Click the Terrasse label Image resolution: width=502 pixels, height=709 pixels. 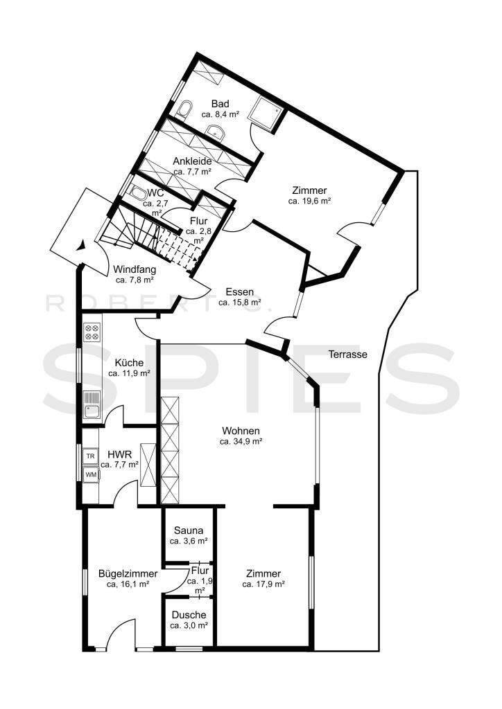[x=347, y=354]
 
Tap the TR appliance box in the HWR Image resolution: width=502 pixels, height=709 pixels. [x=91, y=456]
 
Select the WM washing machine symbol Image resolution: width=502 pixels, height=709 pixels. [x=91, y=474]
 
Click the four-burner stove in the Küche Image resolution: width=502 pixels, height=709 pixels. [x=92, y=332]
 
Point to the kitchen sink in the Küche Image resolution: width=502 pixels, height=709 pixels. [x=92, y=404]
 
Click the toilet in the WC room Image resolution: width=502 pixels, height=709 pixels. [x=137, y=194]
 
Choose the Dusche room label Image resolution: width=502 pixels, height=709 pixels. [x=189, y=615]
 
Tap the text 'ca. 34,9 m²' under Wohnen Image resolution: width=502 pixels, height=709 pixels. [x=241, y=441]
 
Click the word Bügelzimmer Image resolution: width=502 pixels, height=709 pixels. [x=128, y=574]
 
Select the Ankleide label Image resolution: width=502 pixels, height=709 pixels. [x=192, y=161]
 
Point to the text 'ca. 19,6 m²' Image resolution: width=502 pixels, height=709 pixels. [x=309, y=201]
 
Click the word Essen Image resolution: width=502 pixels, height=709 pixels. [x=240, y=291]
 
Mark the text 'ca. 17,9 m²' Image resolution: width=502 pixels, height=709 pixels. [x=263, y=584]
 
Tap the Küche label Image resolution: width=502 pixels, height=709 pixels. [x=129, y=363]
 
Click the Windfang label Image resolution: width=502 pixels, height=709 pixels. [x=135, y=269]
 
